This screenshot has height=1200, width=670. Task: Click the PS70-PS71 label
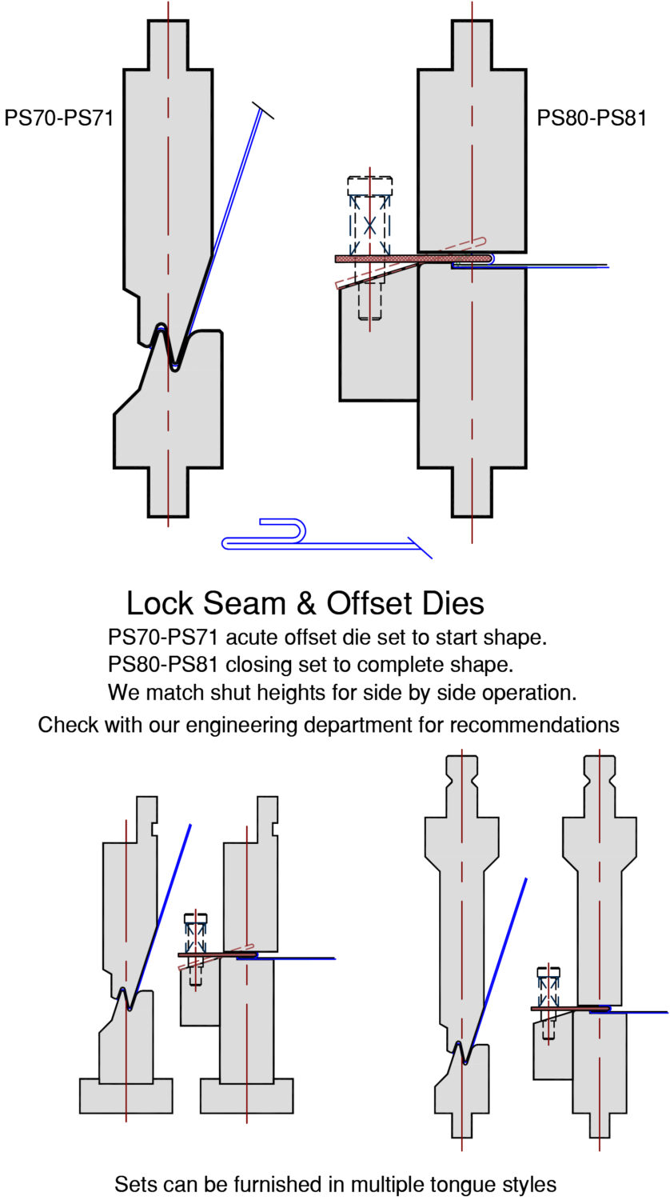point(59,118)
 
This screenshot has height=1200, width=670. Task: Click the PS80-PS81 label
point(592,118)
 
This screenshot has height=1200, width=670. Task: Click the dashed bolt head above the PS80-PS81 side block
point(370,186)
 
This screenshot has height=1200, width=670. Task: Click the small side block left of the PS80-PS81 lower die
point(377,352)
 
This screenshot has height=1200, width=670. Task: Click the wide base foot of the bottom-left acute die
point(126,1095)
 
